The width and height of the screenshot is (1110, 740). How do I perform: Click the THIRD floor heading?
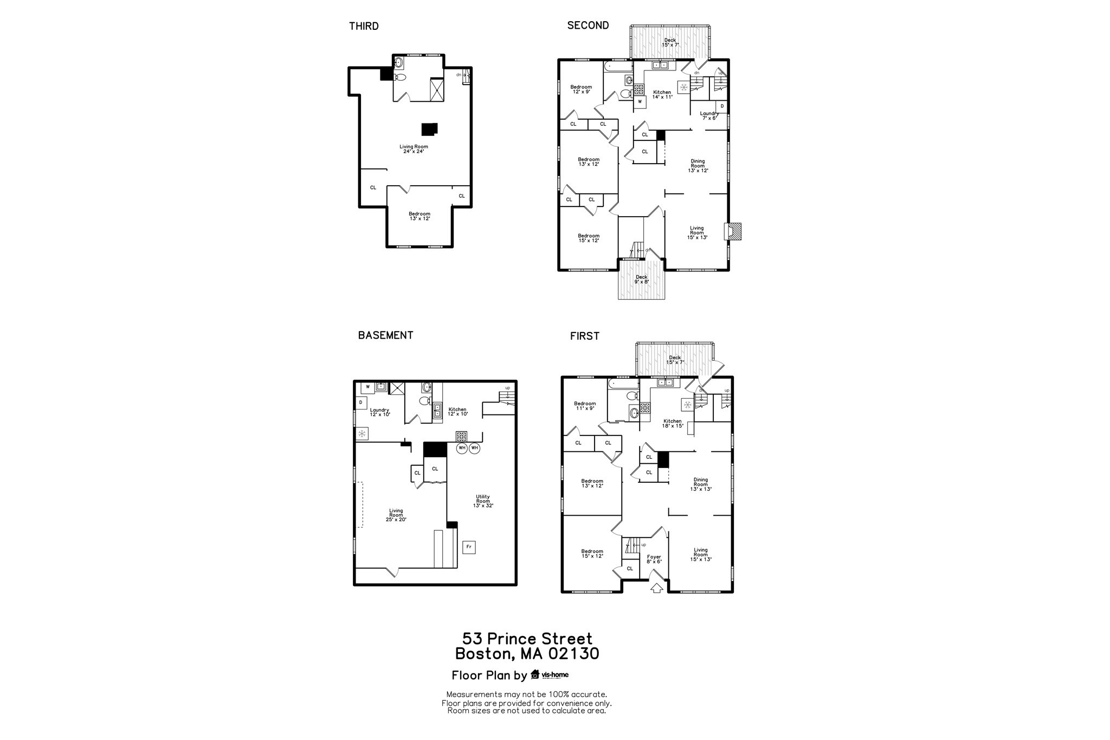[x=364, y=26]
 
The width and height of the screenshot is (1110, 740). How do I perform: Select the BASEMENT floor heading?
[x=385, y=335]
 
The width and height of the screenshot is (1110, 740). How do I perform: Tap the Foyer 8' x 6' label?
[x=654, y=559]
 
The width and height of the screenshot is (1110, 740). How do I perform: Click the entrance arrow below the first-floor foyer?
[x=656, y=588]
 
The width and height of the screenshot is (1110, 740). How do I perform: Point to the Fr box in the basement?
[x=469, y=547]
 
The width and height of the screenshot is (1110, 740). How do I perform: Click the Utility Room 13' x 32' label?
[x=483, y=501]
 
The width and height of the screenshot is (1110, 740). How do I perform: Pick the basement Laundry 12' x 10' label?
[x=380, y=412]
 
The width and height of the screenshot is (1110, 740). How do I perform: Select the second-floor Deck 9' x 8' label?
[x=642, y=279]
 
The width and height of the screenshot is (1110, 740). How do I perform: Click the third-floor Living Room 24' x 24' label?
[x=414, y=149]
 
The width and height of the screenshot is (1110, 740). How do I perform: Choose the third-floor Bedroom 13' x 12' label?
[x=420, y=216]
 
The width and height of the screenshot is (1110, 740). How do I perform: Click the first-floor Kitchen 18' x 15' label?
[x=673, y=423]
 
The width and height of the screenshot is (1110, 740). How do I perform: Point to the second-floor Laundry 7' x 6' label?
[x=709, y=115]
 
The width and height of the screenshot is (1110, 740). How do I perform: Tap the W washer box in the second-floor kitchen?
[x=640, y=101]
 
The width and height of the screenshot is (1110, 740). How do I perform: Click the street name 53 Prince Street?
[x=527, y=639]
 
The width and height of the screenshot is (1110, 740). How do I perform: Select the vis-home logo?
[x=550, y=674]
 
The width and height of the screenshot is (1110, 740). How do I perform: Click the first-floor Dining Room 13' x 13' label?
[x=701, y=484]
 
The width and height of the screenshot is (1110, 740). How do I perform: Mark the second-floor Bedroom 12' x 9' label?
[x=581, y=89]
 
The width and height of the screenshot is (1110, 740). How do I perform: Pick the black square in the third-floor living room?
[x=429, y=129]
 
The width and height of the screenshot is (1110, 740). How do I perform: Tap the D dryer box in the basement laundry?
[x=361, y=403]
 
